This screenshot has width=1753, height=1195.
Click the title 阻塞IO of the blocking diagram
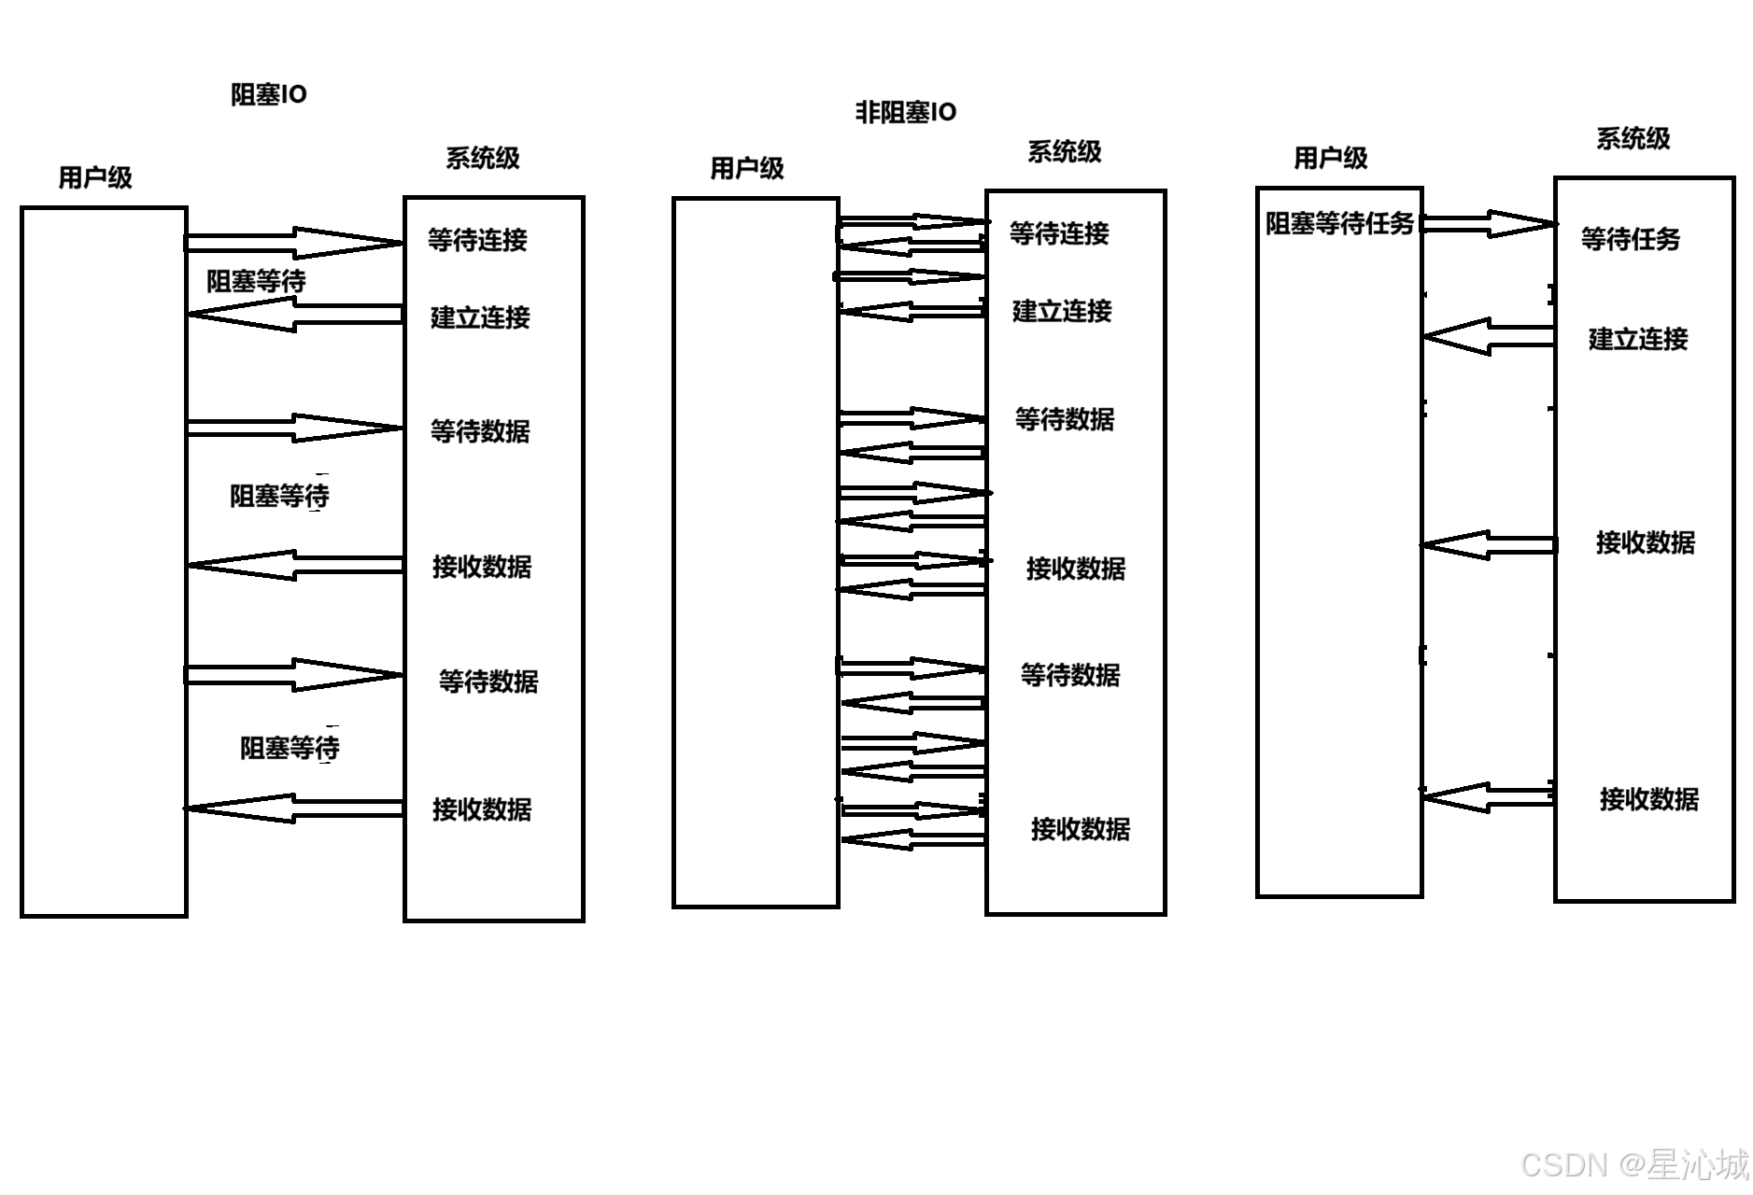pos(269,94)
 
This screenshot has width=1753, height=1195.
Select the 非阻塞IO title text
pos(906,112)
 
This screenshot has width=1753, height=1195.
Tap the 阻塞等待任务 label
pos(1339,224)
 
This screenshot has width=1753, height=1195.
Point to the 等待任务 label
pos(1630,239)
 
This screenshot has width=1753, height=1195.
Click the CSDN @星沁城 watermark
pos(1634,1164)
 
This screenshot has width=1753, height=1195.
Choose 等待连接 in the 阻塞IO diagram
pos(477,240)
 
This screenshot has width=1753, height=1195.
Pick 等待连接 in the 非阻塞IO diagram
pos(1059,233)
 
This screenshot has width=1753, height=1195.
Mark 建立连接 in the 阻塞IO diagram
pos(480,317)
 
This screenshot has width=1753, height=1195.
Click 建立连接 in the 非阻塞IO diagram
pos(1062,311)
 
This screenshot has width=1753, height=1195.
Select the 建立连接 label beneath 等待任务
pos(1638,339)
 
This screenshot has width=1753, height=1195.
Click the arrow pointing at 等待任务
pos(1489,224)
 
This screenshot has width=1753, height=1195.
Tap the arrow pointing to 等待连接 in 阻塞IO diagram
pos(294,243)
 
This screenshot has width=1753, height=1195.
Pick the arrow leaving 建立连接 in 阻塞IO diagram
pos(294,315)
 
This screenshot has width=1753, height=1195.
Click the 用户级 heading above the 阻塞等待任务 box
pos(1330,159)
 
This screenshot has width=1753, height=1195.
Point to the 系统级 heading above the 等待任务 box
pos(1633,139)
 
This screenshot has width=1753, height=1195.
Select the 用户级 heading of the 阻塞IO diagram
pos(95,177)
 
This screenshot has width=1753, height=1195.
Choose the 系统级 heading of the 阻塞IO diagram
pos(482,158)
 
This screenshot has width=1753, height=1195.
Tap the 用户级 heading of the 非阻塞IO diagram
pos(747,168)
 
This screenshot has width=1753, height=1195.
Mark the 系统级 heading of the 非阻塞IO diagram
pos(1064,151)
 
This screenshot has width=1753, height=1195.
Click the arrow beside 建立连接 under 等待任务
pos(1489,337)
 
